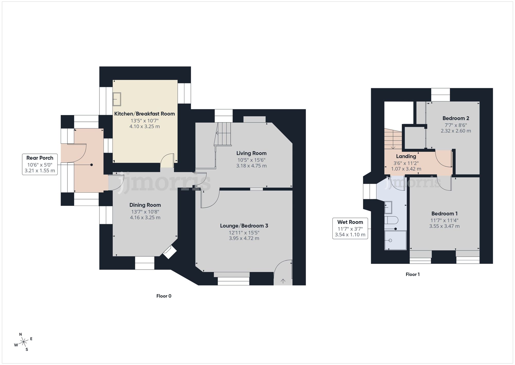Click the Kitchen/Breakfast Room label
click(144, 114)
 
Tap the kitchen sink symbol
click(117, 99)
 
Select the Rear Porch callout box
click(40, 164)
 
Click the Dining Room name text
click(145, 205)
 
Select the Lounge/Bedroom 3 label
click(244, 226)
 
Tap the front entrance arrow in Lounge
click(283, 281)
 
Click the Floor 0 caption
click(164, 296)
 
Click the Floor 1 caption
click(413, 274)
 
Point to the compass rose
click(24, 342)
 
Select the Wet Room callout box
click(350, 228)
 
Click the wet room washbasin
click(388, 207)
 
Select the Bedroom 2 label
click(456, 118)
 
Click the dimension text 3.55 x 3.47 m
click(444, 226)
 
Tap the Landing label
click(406, 156)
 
